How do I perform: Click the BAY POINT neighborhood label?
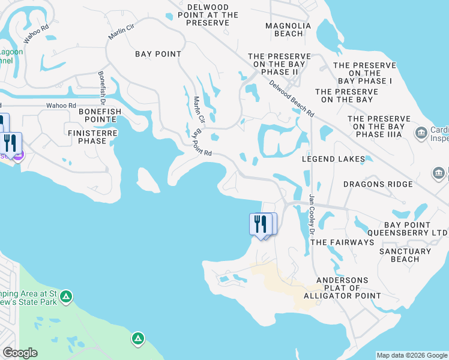tap(158, 54)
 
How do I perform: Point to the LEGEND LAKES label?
tap(334, 159)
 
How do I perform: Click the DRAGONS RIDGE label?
tap(378, 184)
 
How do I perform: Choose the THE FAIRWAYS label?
tap(343, 242)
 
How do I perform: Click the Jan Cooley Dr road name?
tap(312, 213)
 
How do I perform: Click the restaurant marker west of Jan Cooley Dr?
tap(260, 224)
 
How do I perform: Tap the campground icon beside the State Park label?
tap(66, 296)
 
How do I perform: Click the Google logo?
tap(20, 353)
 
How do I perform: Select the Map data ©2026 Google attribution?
tap(412, 355)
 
